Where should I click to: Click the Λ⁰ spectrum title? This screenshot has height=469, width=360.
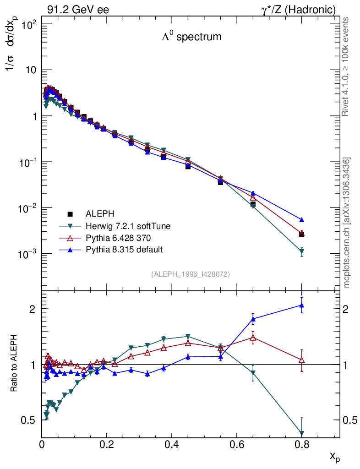tap(191, 37)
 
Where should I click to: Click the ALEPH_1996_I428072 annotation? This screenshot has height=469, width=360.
tap(190, 274)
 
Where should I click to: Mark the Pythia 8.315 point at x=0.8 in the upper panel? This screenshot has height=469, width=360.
tap(301, 220)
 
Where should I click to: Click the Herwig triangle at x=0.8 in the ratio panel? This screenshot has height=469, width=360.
tap(301, 433)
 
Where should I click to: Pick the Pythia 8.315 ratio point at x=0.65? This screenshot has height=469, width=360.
tap(253, 319)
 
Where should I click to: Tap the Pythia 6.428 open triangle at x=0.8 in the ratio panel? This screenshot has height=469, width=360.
tap(301, 360)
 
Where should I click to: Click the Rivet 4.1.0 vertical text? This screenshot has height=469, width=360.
tap(346, 66)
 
